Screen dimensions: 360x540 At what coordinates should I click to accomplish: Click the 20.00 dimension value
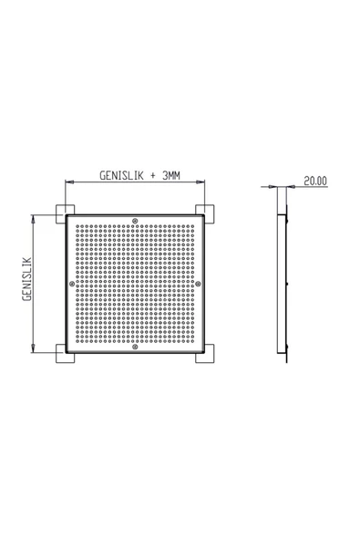(x=315, y=181)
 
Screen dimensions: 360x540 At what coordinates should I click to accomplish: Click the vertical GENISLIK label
(x=26, y=279)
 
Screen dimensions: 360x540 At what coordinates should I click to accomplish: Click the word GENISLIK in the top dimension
(x=121, y=176)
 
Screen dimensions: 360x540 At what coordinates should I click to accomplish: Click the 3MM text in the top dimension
(x=171, y=176)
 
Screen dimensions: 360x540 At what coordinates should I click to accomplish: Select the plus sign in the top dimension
(x=153, y=176)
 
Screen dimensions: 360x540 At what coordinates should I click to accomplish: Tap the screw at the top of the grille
(x=135, y=221)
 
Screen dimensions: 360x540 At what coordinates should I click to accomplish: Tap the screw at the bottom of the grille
(x=135, y=347)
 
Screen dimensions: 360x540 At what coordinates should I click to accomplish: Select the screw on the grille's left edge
(x=72, y=284)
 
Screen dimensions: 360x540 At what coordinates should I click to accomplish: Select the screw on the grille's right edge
(x=199, y=284)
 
